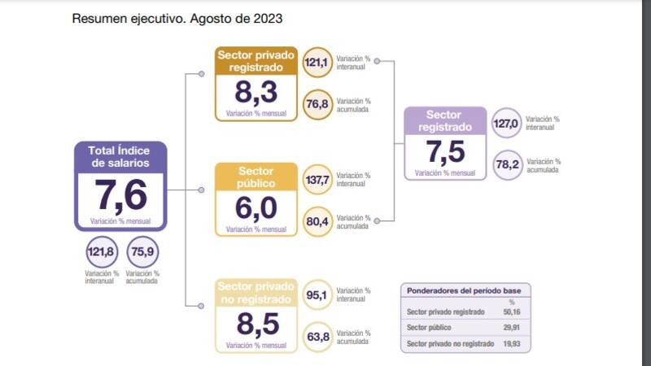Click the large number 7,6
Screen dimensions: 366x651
click(121, 196)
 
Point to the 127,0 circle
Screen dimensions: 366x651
click(506, 124)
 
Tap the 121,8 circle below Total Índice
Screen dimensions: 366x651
click(101, 251)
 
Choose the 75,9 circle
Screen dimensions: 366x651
click(142, 251)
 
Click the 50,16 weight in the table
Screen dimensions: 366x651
click(512, 312)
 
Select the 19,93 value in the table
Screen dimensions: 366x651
click(512, 344)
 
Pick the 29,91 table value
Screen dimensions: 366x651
click(512, 328)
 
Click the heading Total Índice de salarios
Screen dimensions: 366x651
click(121, 155)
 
